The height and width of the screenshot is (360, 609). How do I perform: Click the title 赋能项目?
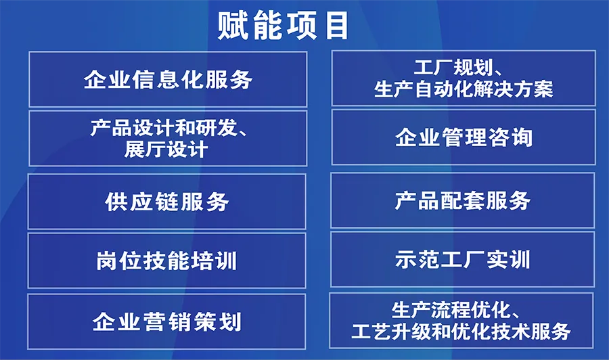(x=282, y=26)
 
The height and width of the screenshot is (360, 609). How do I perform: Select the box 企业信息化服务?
(x=168, y=79)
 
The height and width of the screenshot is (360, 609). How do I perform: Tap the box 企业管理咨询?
(x=464, y=137)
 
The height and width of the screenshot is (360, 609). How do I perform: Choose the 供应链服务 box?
(x=166, y=202)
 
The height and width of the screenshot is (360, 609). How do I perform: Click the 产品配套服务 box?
(x=463, y=200)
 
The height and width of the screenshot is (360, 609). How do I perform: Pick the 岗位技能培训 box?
(x=166, y=261)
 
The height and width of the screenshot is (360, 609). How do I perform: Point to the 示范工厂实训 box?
(x=462, y=259)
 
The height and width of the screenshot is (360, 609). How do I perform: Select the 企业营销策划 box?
(x=166, y=321)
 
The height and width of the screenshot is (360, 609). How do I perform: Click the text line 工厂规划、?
(x=459, y=67)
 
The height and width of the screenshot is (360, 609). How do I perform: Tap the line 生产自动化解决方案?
(x=464, y=89)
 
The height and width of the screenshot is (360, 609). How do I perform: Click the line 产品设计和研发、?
(x=169, y=127)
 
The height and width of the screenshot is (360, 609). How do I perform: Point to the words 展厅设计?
(x=166, y=150)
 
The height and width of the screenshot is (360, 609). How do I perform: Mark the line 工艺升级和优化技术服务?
(x=461, y=332)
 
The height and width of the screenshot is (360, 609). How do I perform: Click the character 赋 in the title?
(x=233, y=26)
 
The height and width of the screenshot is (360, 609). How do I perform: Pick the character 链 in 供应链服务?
(x=167, y=202)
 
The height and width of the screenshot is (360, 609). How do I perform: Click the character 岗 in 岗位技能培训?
(x=107, y=261)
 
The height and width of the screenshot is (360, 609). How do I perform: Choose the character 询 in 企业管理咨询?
(x=522, y=137)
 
